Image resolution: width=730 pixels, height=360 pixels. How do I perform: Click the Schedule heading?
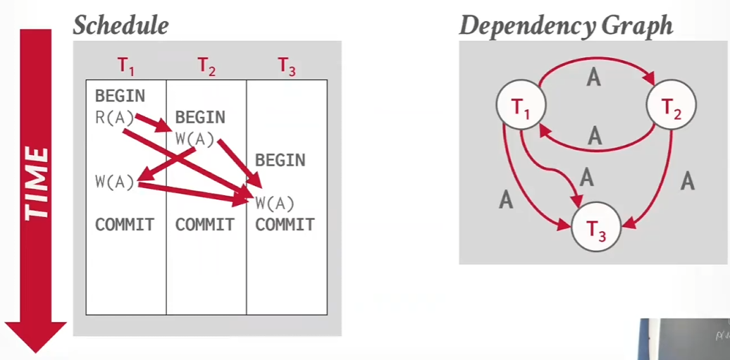(120, 25)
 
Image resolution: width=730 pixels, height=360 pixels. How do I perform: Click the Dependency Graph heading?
(566, 25)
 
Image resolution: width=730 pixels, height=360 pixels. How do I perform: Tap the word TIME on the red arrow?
(37, 183)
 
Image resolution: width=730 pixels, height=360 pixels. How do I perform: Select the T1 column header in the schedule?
(125, 66)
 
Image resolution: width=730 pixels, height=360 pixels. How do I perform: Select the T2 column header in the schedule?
(206, 66)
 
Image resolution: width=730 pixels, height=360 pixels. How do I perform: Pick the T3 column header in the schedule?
(287, 66)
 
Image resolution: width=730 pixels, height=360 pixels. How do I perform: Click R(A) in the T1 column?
(115, 118)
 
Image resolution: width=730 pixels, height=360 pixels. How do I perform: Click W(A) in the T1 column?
(115, 182)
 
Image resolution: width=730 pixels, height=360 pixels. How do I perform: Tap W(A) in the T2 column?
(195, 139)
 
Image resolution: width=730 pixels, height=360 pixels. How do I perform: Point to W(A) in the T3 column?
(275, 203)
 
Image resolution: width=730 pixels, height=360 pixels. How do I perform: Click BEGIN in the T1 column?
(120, 97)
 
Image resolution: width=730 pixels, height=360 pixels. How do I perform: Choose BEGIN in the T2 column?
(200, 118)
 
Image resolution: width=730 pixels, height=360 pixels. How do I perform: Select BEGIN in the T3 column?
(280, 161)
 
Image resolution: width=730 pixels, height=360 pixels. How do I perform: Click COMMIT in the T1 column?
(124, 225)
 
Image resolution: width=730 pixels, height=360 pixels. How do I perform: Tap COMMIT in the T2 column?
(204, 225)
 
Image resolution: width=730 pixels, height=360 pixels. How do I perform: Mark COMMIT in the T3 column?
(285, 225)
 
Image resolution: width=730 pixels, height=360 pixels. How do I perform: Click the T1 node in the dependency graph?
(521, 105)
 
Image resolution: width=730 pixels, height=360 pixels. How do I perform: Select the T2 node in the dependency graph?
(672, 105)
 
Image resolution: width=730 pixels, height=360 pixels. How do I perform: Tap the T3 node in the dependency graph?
(596, 227)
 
